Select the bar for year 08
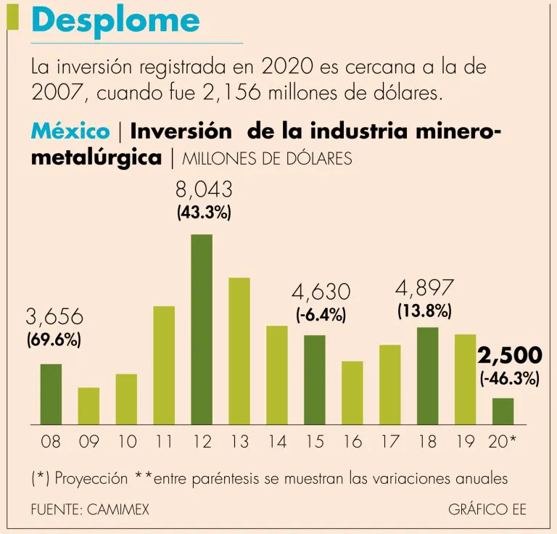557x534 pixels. click(x=51, y=393)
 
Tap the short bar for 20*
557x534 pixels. click(x=503, y=411)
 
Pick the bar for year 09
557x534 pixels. click(x=88, y=406)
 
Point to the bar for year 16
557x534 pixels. click(x=352, y=393)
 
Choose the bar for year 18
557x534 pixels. click(x=427, y=375)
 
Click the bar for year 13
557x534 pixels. click(x=239, y=350)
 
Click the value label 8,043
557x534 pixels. click(x=204, y=190)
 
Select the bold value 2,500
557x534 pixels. click(x=510, y=356)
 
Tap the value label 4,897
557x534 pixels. click(x=425, y=288)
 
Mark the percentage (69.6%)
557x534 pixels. click(x=54, y=340)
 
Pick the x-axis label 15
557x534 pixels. click(x=315, y=441)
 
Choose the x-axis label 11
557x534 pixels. click(x=164, y=441)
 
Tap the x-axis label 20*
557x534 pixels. click(x=503, y=441)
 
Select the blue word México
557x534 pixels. click(x=70, y=131)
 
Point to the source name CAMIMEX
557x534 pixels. click(x=117, y=509)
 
